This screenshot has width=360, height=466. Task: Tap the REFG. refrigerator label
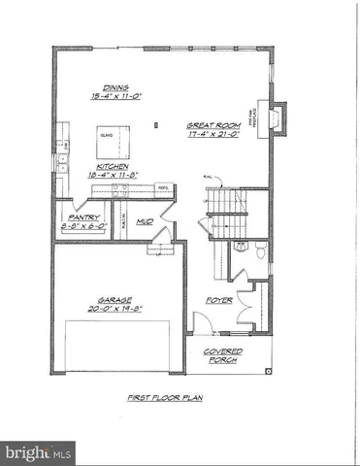point(164,188)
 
